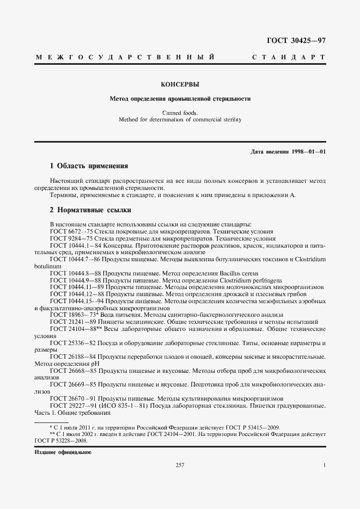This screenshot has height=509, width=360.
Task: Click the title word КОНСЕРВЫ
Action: click(180, 84)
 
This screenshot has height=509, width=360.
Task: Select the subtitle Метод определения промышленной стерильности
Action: click(180, 100)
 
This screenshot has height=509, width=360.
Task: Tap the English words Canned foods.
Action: click(180, 112)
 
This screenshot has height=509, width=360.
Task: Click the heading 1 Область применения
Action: click(88, 165)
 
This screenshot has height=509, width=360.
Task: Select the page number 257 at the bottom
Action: click(180, 465)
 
